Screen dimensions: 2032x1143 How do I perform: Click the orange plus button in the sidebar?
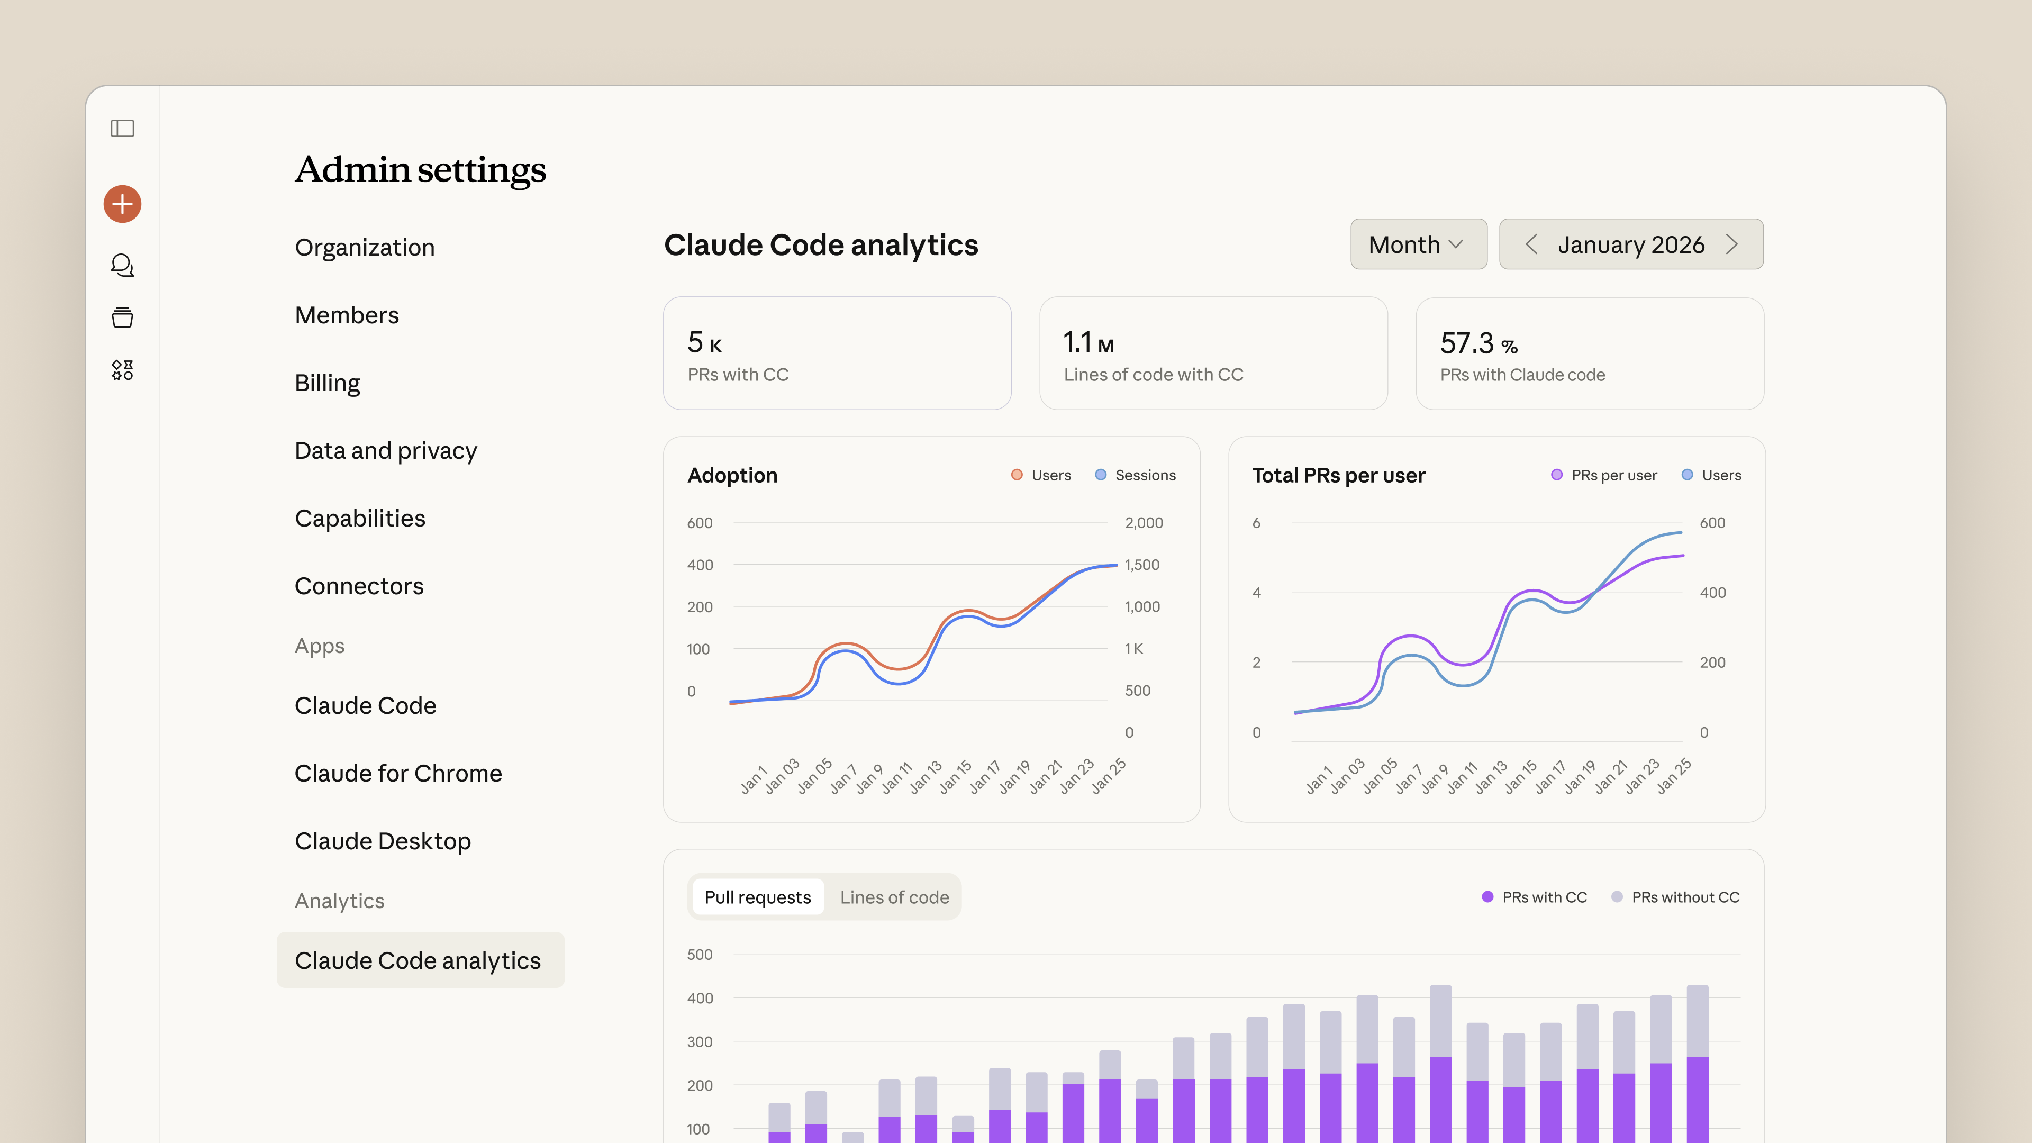(x=122, y=204)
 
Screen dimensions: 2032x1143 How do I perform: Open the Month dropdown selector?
(x=1418, y=244)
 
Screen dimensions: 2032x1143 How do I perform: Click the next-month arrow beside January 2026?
(x=1731, y=244)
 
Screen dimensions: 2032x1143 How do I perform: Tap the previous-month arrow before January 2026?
(x=1531, y=244)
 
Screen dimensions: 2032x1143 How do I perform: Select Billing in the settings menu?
(x=328, y=383)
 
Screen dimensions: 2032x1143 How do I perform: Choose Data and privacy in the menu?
(x=386, y=451)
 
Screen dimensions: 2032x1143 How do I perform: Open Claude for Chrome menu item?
(x=398, y=773)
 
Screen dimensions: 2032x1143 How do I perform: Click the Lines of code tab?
(x=894, y=897)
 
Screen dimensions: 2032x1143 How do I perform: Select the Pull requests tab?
(x=757, y=897)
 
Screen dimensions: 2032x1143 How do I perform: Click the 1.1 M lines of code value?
(x=1088, y=342)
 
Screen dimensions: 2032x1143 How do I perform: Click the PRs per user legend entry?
(x=1604, y=475)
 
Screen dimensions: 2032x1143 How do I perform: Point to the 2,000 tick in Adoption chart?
(x=1144, y=523)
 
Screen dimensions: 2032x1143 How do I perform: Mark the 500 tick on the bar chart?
(x=700, y=955)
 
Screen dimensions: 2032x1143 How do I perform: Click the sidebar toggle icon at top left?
(x=122, y=128)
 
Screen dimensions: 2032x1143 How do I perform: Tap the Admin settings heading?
(x=421, y=169)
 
